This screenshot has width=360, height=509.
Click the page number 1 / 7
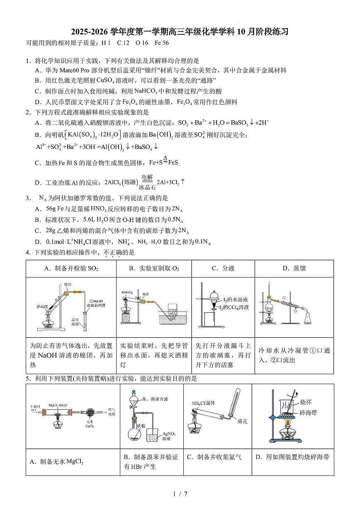coord(180,494)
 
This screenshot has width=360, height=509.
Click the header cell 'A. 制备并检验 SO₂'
coord(71,268)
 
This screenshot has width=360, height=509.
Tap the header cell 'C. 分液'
coord(223,268)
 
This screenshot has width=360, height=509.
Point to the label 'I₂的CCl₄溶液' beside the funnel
coord(236,307)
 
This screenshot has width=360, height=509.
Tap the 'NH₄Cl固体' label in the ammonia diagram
coord(203,403)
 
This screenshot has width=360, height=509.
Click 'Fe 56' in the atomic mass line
coord(161,43)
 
